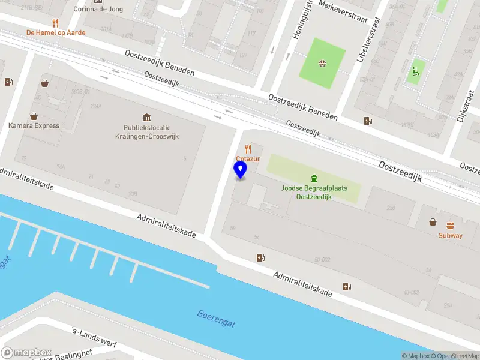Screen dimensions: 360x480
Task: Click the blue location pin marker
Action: pos(240,170)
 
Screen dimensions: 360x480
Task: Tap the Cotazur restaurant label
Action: pos(247,158)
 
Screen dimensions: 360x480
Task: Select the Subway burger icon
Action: pos(450,225)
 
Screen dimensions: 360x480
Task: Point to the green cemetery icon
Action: pos(313,178)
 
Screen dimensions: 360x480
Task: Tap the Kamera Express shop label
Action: pos(34,125)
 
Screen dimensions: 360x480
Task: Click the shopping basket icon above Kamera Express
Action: pos(34,116)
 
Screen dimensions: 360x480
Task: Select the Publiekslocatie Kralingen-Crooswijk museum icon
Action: pos(146,117)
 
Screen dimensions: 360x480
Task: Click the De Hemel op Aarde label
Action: pos(55,32)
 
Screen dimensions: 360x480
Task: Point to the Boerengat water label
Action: pos(216,319)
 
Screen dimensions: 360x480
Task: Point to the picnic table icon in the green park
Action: pos(322,62)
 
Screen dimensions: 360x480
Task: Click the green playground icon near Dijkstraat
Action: pos(414,75)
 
